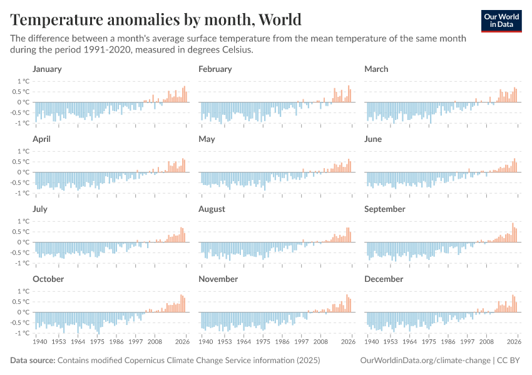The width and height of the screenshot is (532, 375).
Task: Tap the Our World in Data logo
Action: click(501, 20)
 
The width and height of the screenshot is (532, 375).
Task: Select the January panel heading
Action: click(47, 69)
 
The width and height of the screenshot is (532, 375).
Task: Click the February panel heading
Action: click(215, 69)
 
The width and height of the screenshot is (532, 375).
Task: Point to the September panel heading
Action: click(384, 209)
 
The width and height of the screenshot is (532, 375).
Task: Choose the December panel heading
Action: click(384, 279)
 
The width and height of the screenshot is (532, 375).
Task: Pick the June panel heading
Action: click(373, 139)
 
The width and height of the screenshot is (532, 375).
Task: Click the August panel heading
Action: click(212, 209)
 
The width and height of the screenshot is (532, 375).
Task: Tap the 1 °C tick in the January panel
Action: click(24, 81)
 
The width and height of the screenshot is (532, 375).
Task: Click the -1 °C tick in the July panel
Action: click(23, 263)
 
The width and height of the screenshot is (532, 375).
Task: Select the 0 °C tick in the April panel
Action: click(24, 172)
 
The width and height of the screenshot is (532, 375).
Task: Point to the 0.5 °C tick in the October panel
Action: click(22, 302)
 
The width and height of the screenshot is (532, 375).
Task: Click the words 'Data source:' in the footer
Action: click(33, 361)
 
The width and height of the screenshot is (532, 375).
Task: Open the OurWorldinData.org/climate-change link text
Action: click(425, 361)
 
